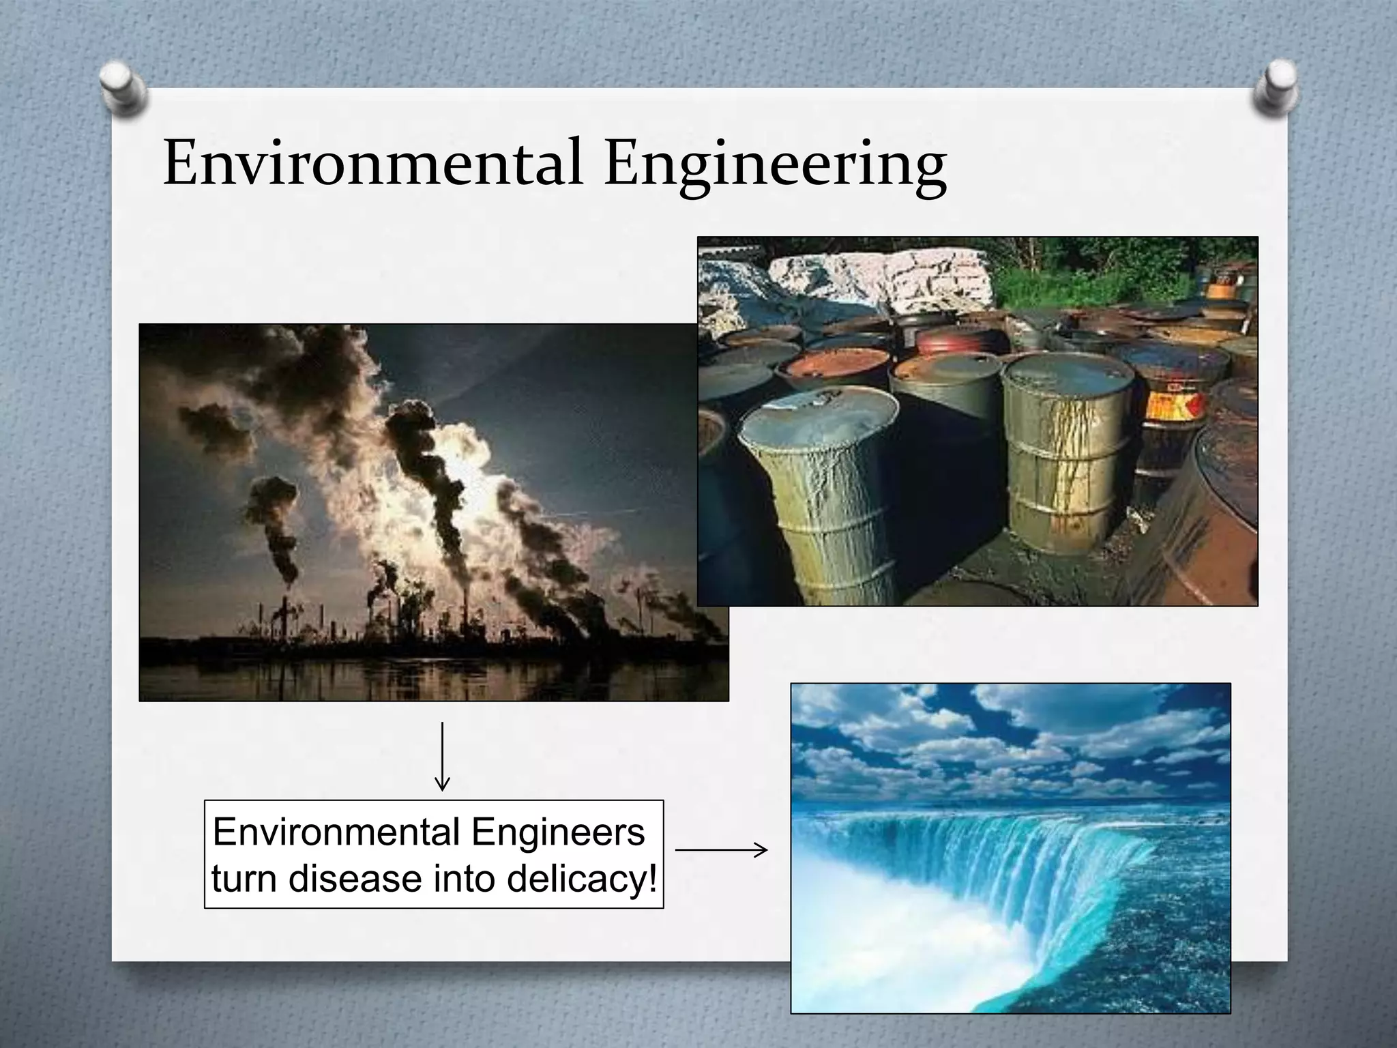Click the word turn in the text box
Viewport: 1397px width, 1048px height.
[245, 878]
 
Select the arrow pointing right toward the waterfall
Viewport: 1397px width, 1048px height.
[721, 850]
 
